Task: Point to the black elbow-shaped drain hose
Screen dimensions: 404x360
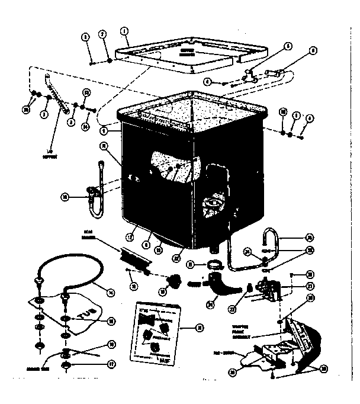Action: tap(224, 287)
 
